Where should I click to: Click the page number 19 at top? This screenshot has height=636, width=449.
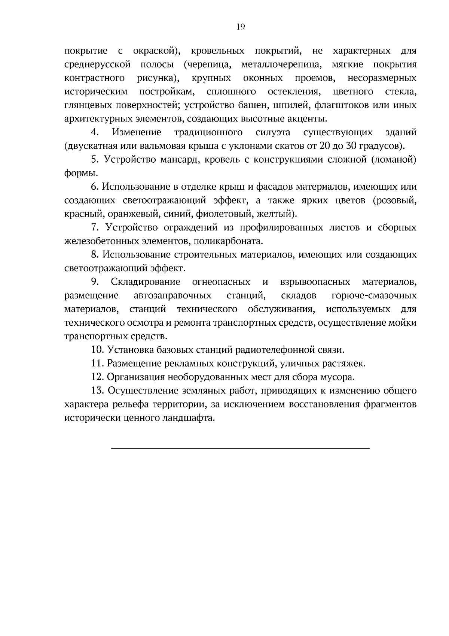tap(241, 27)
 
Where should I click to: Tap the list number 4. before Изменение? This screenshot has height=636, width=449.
tap(95, 132)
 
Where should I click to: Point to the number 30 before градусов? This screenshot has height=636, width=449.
tap(350, 146)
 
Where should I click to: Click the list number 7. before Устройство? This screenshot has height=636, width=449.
tap(95, 227)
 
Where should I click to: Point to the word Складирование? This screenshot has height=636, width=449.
tap(145, 282)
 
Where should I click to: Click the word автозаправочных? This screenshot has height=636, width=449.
tap(172, 295)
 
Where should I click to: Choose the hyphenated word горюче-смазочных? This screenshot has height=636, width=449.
tap(374, 295)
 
